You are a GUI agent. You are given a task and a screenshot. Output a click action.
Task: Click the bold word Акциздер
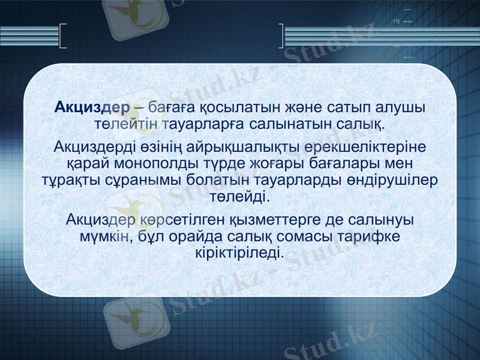92,109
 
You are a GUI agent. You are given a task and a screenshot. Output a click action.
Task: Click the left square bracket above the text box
64,35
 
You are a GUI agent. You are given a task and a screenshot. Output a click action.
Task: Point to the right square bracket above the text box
281,35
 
